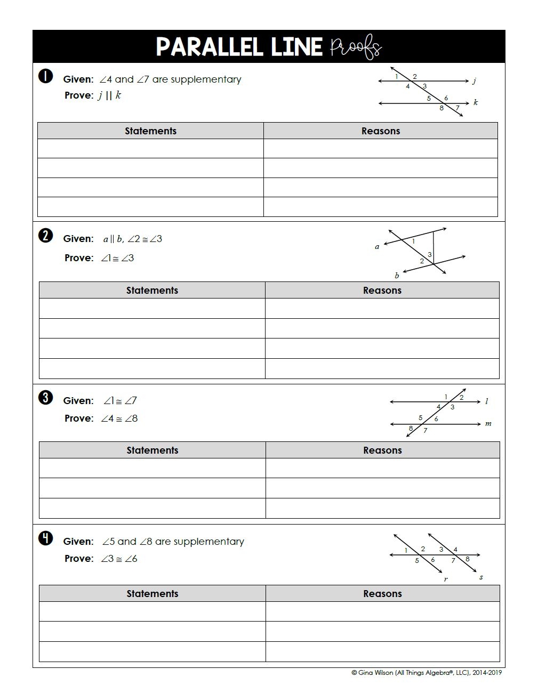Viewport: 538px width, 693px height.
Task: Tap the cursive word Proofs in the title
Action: click(356, 47)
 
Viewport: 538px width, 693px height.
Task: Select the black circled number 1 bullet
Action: click(46, 76)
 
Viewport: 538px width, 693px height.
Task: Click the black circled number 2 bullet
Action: click(46, 236)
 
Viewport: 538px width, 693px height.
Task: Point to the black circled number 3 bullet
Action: click(46, 398)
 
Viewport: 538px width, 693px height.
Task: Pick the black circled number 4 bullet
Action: click(46, 538)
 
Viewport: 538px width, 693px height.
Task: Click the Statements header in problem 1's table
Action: click(150, 131)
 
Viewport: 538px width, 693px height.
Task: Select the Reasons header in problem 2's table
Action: click(382, 291)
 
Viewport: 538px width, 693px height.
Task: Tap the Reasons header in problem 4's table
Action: click(382, 594)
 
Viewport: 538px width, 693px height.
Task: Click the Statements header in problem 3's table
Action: click(152, 450)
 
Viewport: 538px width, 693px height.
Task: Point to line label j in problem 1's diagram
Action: click(474, 81)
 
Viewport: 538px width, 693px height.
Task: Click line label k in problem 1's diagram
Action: click(476, 102)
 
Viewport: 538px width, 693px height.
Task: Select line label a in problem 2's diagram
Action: click(377, 247)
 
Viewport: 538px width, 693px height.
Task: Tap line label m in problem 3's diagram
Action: click(488, 424)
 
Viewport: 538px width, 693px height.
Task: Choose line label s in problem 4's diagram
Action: click(481, 577)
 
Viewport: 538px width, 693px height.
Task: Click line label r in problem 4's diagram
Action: click(446, 579)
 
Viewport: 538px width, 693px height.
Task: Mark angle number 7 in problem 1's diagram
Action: click(457, 108)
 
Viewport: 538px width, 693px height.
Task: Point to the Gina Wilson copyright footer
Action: click(427, 673)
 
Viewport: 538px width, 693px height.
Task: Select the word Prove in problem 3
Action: click(78, 418)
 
